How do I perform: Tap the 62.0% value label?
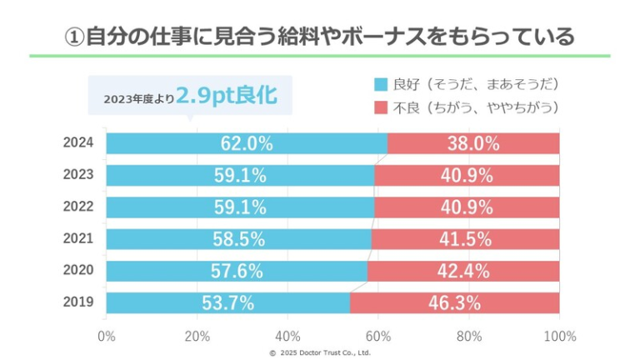[x=247, y=143]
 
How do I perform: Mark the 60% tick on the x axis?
[x=377, y=337]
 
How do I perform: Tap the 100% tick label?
[x=559, y=337]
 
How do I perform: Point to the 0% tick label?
[x=107, y=337]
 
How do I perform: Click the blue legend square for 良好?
[x=382, y=84]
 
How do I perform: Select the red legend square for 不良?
[x=382, y=107]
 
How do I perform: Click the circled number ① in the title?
[x=74, y=37]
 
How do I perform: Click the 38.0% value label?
[x=473, y=143]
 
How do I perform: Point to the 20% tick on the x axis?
[x=197, y=337]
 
